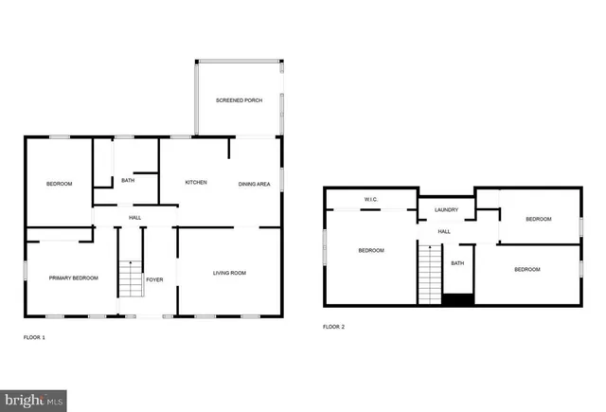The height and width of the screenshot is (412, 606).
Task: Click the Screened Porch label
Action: (x=239, y=99)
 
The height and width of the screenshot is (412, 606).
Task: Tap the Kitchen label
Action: (x=196, y=182)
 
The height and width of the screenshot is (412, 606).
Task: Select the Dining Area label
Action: (x=255, y=184)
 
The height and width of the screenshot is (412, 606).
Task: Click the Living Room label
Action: (x=228, y=273)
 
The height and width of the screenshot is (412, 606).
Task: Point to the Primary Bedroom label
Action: (x=73, y=278)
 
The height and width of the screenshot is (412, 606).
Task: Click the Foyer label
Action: (x=154, y=279)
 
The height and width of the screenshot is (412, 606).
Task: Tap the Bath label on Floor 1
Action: (x=128, y=180)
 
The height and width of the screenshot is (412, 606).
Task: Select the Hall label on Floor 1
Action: (x=135, y=217)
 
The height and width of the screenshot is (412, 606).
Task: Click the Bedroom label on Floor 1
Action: (x=59, y=184)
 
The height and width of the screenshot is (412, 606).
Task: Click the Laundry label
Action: (x=446, y=209)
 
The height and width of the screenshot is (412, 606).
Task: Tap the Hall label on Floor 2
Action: (x=444, y=231)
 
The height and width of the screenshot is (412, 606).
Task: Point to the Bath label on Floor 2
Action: (x=457, y=263)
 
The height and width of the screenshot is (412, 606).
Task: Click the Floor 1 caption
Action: (x=34, y=337)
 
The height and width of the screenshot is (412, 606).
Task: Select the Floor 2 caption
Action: (x=333, y=327)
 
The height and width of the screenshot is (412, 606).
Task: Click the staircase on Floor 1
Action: (x=129, y=278)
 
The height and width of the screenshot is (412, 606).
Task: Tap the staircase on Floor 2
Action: (x=430, y=275)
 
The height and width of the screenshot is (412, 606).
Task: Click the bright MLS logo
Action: (x=34, y=401)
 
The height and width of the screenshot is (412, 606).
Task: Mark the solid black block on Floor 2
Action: (x=457, y=299)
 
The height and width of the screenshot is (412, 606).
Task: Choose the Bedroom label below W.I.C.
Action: (x=370, y=250)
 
